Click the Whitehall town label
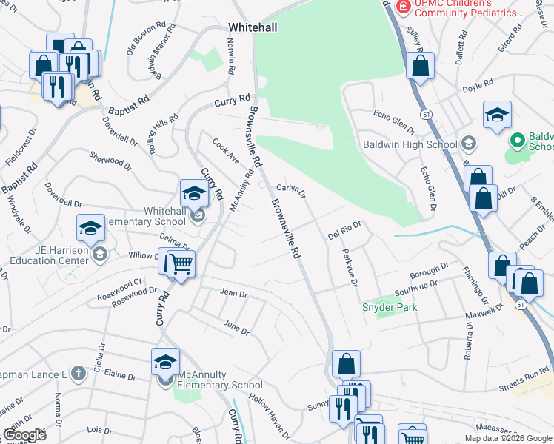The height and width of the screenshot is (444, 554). tap(253, 27)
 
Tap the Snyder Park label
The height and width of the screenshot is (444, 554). tap(389, 307)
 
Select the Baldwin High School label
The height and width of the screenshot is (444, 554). tap(409, 144)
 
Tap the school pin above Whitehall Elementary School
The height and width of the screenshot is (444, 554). tap(194, 194)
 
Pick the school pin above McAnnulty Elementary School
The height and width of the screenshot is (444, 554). tap(165, 362)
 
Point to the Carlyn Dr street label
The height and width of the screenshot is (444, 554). tap(291, 189)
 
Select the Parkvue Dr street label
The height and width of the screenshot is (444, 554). tap(350, 269)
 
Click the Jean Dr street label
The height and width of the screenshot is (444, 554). tap(233, 293)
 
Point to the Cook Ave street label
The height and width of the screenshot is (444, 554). tap(225, 150)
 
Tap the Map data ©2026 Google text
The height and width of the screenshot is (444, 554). tap(508, 438)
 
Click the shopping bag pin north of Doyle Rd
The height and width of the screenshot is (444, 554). tap(420, 66)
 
